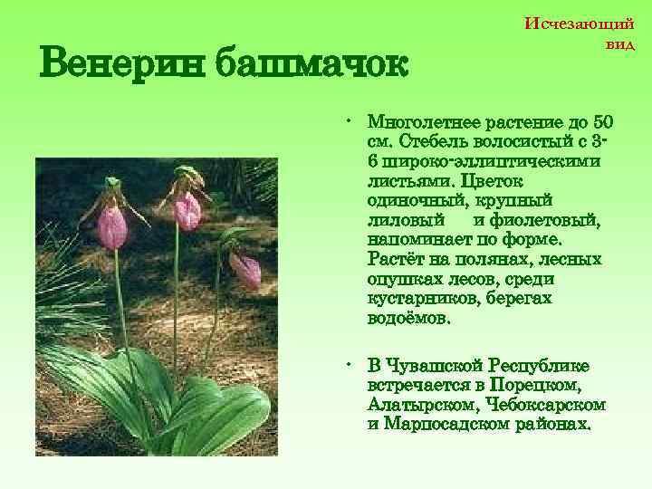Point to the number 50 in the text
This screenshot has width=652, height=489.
603,122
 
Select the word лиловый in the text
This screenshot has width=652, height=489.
407,220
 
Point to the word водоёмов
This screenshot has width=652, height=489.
408,319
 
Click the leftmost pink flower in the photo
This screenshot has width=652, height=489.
112,226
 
